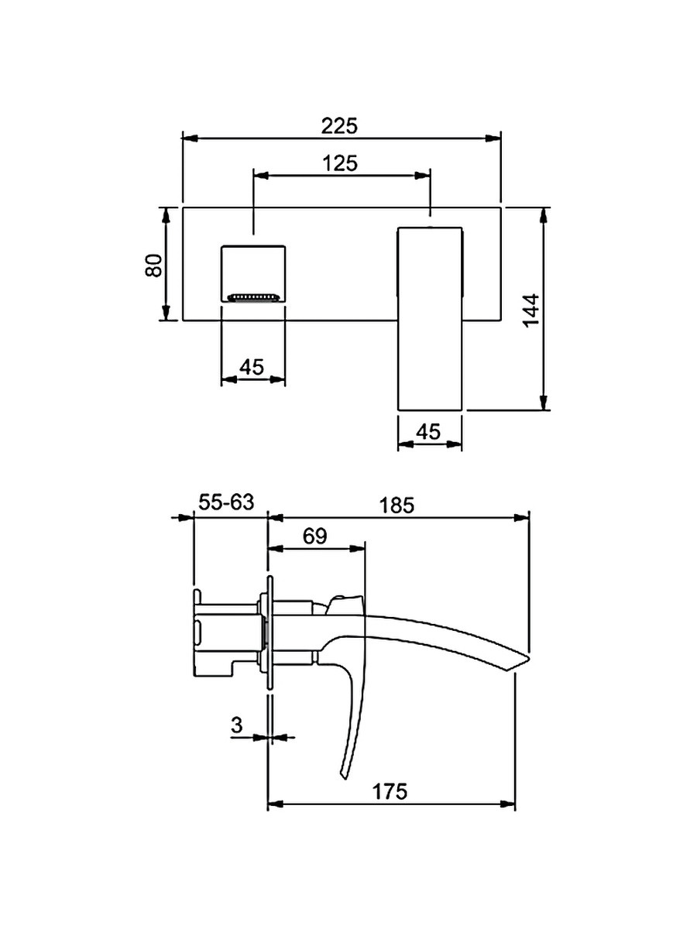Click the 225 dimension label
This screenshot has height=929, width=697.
tap(339, 125)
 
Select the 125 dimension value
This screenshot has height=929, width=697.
tap(340, 163)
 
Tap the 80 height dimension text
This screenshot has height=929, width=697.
tap(153, 266)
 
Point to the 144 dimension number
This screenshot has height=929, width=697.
tap(531, 310)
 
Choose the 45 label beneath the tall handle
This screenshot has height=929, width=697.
tap(429, 432)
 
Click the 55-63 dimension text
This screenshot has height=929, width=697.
tap(226, 502)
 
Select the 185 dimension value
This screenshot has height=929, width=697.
tap(397, 506)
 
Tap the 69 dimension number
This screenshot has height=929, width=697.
tap(315, 536)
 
